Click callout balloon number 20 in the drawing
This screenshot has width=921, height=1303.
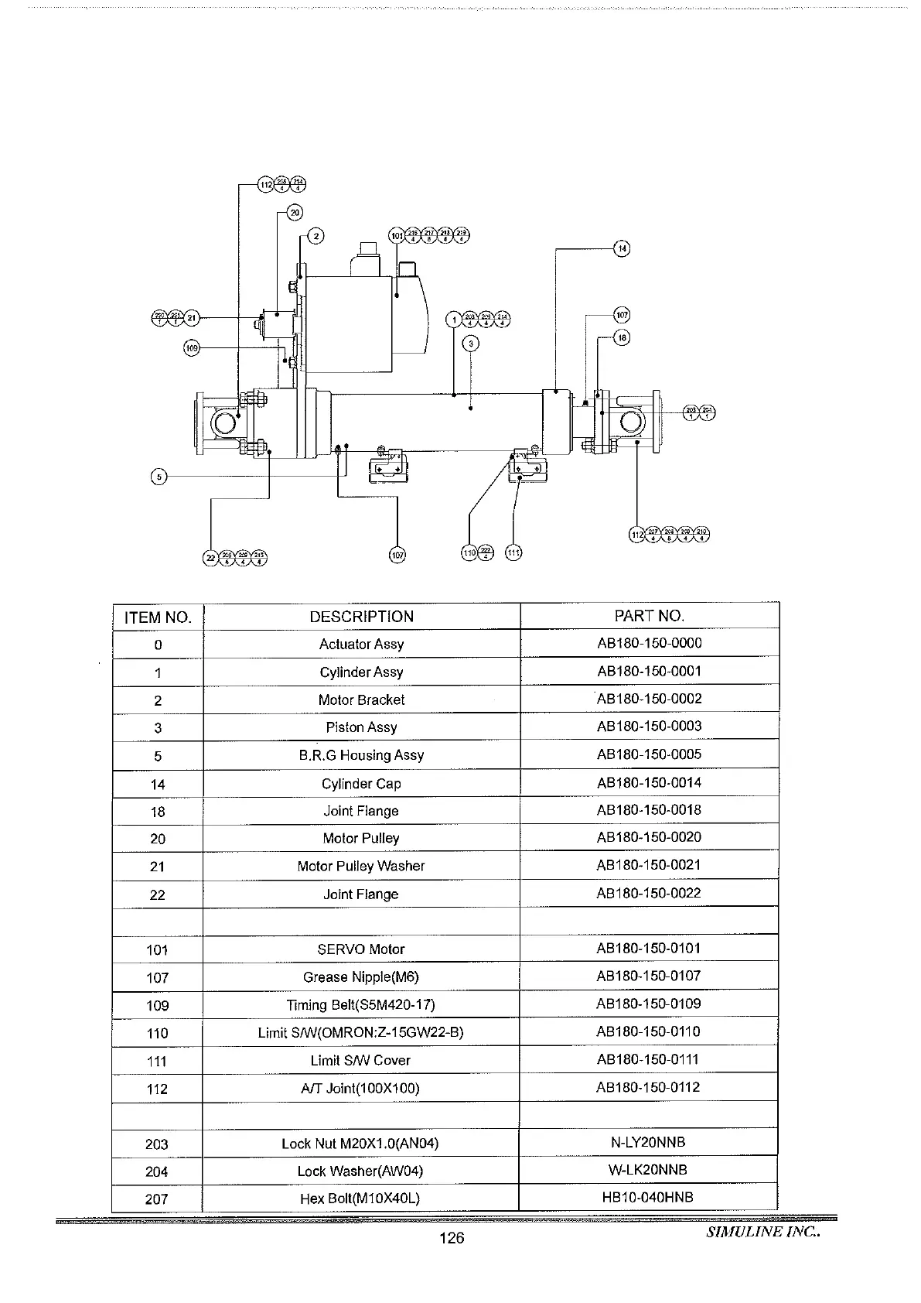click(x=295, y=212)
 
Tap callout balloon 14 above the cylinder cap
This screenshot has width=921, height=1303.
click(x=622, y=248)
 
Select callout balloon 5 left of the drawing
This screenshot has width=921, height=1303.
click(x=159, y=477)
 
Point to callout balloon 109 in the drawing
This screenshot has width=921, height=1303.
click(x=191, y=348)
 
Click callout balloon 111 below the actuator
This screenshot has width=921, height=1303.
click(x=513, y=552)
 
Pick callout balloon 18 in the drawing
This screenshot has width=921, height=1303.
click(x=622, y=337)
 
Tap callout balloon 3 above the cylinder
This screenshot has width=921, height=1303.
click(x=472, y=343)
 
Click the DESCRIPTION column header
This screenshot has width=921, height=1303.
click(x=361, y=617)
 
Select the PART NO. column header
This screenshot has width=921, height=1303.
click(x=649, y=616)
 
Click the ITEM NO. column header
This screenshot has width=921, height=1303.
click(x=158, y=617)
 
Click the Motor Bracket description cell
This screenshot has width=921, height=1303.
click(x=361, y=699)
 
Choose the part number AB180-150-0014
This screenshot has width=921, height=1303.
click(x=649, y=782)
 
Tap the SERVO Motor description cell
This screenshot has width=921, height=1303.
click(x=361, y=949)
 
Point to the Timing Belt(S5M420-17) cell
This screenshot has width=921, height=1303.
click(x=361, y=1004)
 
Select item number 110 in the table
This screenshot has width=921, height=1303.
click(x=158, y=1033)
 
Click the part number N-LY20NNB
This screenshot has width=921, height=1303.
click(x=648, y=1142)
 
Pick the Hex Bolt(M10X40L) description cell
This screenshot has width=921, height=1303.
click(x=360, y=1199)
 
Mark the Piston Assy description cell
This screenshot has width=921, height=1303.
click(x=361, y=727)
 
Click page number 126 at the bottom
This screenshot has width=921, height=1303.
click(x=452, y=1238)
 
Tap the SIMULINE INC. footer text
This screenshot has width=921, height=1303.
click(x=762, y=1233)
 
